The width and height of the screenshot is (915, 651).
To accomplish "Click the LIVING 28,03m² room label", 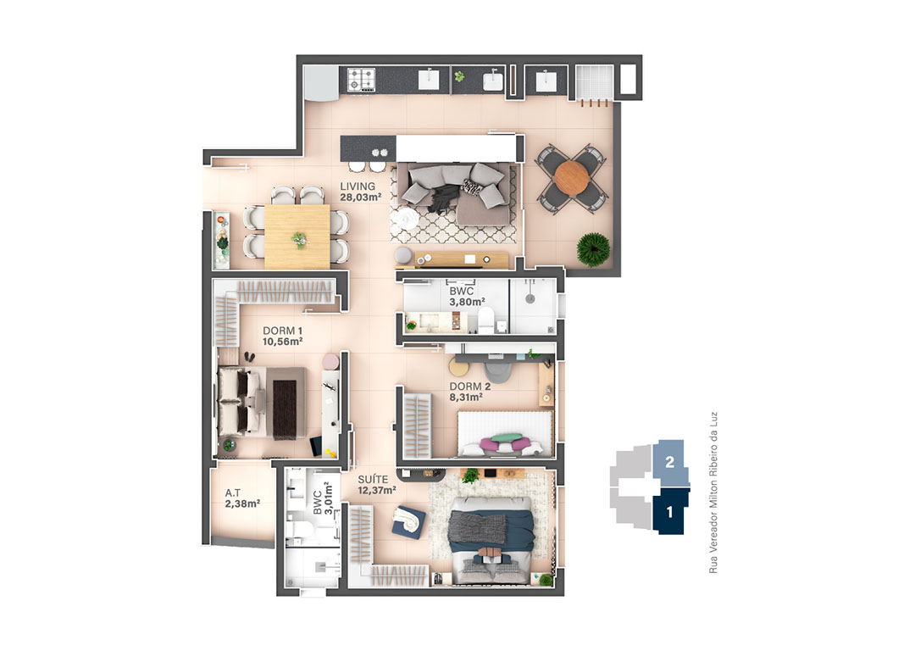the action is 361,192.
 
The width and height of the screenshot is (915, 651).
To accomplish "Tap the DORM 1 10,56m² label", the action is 282,337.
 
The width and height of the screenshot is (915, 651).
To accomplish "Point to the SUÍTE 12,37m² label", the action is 377,485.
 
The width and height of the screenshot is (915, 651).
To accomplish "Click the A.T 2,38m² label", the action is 242,498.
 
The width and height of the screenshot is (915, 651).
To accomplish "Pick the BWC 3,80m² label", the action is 467,297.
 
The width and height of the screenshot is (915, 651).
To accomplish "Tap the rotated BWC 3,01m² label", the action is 323,498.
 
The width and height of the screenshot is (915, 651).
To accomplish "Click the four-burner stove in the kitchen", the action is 361,80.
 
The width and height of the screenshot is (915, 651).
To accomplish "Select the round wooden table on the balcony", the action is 572,177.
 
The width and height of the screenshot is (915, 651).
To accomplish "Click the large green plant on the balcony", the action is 593,249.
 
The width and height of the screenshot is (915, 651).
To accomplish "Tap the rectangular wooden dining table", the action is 297,236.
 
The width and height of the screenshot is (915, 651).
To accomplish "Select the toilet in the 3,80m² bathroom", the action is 485,320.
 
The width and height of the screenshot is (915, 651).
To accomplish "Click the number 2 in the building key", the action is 670,463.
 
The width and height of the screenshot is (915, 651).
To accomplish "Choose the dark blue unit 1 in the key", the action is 669,511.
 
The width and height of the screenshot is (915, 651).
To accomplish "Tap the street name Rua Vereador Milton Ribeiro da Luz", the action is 713,492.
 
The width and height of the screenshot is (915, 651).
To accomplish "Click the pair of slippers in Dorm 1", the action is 250,357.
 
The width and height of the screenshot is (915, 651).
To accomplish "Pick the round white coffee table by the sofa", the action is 404,220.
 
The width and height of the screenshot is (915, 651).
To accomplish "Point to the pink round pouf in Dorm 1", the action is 331,361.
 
